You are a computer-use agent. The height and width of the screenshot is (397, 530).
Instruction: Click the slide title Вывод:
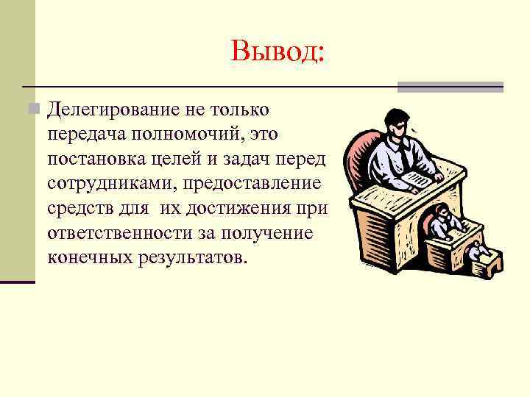click(278, 51)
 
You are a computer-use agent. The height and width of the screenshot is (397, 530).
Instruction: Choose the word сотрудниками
click(104, 184)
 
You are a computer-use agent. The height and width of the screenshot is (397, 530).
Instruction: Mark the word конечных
click(91, 258)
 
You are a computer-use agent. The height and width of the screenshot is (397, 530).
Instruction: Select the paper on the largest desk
click(417, 179)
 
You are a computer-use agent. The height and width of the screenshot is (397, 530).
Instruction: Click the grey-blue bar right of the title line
click(451, 87)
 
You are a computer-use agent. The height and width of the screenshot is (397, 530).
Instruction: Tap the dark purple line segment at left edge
click(18, 281)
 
